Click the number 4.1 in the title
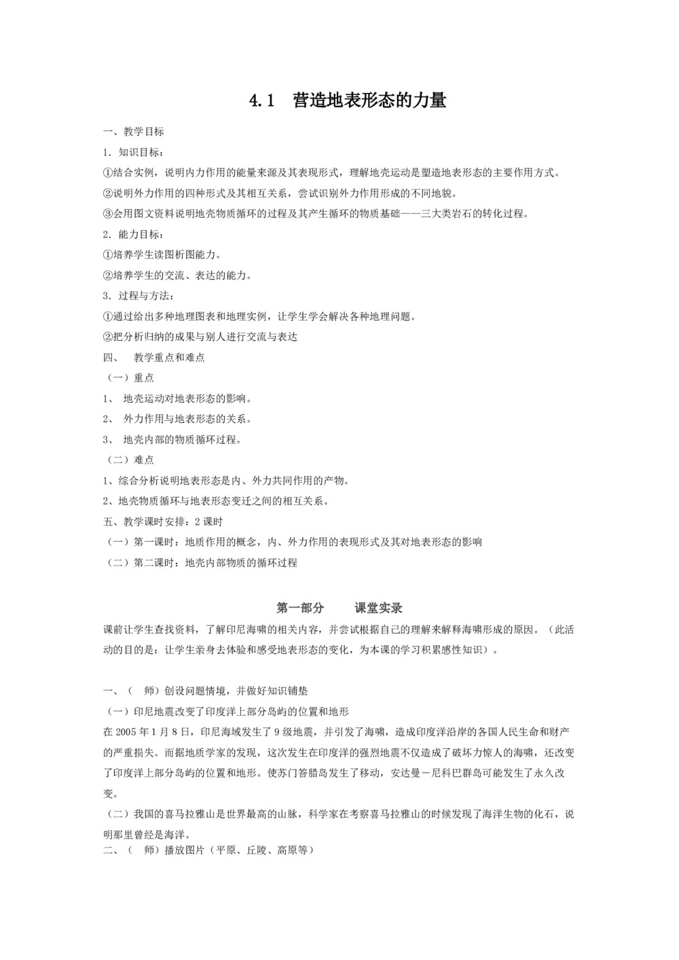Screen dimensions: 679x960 coord(261,100)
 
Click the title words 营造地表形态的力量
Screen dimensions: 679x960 coord(369,100)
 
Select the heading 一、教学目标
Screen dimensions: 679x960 coord(133,131)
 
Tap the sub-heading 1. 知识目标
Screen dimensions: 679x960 coord(133,152)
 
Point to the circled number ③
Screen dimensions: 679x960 coord(107,213)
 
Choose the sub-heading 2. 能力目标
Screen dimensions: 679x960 coord(133,234)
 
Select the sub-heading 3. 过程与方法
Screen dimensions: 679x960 coord(138,296)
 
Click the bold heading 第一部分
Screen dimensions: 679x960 coord(300,608)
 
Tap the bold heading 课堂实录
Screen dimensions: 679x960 coord(379,608)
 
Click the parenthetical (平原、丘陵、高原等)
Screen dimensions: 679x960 coord(261,849)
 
